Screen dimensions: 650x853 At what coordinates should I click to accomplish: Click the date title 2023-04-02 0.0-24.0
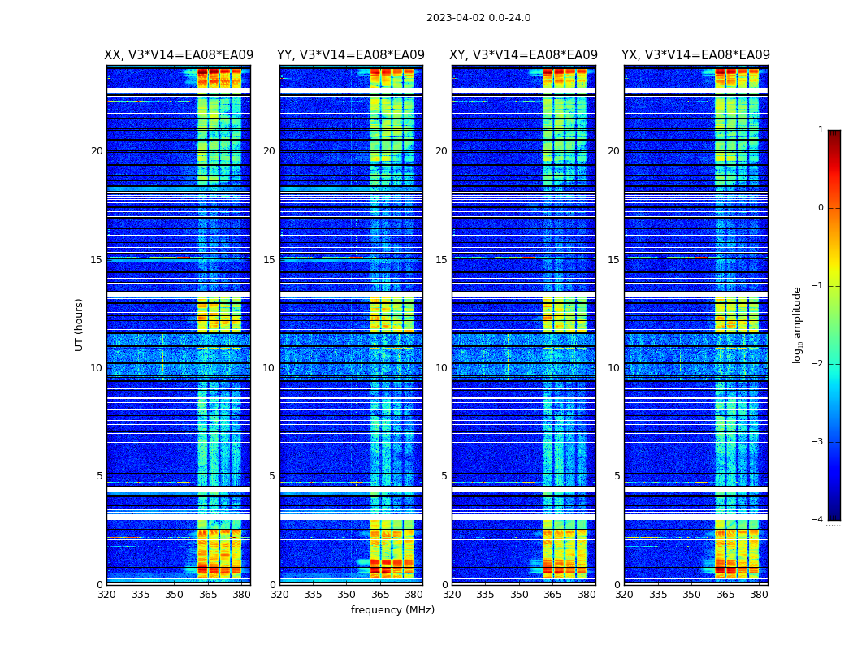[x=478, y=18]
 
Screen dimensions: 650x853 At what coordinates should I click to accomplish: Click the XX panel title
[x=179, y=55]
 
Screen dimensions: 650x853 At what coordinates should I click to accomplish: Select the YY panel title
[x=351, y=55]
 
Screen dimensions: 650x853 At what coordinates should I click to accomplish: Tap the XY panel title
[x=523, y=55]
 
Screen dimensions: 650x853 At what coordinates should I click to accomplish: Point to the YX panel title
[x=695, y=55]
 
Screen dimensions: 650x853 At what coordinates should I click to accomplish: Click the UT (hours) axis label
[x=80, y=324]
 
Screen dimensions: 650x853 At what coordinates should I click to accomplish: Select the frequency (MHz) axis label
[x=392, y=610]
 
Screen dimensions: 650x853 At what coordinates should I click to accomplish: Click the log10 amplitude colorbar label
[x=798, y=324]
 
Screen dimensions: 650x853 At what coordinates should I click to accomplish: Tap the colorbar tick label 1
[x=821, y=130]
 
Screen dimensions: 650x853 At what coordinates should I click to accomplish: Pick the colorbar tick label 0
[x=821, y=208]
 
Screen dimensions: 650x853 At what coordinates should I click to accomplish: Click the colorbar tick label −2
[x=818, y=364]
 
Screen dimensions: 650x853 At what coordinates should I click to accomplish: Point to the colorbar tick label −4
[x=818, y=520]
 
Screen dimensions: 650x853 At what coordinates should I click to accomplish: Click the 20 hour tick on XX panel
[x=97, y=151]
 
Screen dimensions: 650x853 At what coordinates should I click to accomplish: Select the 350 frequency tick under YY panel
[x=347, y=595]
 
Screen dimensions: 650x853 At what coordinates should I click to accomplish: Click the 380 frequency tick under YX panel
[x=759, y=595]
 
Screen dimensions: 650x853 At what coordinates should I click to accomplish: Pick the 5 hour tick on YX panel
[x=617, y=476]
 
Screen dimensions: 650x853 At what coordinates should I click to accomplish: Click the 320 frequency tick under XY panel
[x=452, y=595]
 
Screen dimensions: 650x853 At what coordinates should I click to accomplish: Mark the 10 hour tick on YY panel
[x=268, y=368]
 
